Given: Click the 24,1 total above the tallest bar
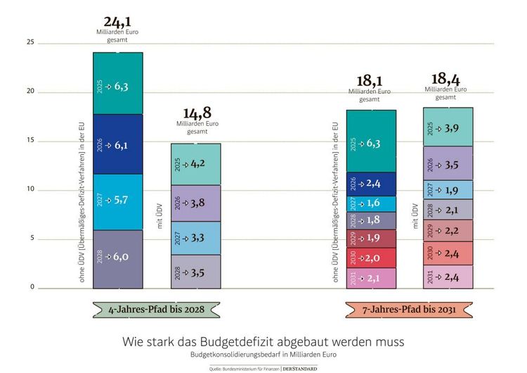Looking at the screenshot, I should (117, 22).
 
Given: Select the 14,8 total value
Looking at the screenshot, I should (197, 113).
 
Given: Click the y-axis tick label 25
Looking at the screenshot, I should (30, 43).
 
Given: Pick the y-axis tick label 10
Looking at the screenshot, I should (30, 189).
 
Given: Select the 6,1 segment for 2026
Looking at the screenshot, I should (118, 144).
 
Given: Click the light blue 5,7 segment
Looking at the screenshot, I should (118, 201).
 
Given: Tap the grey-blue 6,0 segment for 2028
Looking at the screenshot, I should (118, 258).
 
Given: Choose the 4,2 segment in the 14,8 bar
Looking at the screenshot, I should (196, 164).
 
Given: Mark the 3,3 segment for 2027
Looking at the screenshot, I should (196, 239).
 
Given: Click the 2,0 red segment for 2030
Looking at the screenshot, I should (371, 258).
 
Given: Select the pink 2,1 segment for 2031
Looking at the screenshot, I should (371, 279).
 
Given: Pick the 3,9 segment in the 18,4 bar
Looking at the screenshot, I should (448, 127).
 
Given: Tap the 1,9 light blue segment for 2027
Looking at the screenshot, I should (448, 190).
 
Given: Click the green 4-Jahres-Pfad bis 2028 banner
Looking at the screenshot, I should (156, 309).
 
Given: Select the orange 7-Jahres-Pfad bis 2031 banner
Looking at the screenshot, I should (409, 309).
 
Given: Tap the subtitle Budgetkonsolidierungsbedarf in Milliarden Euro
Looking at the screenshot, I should (263, 355).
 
